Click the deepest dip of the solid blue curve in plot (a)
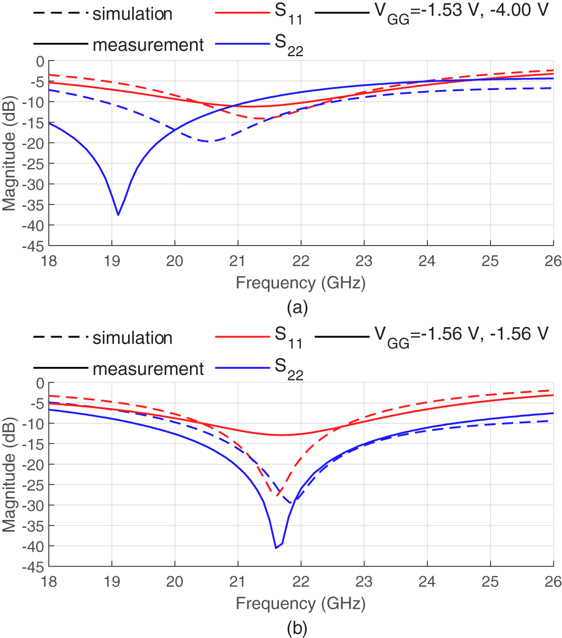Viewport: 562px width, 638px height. tap(118, 215)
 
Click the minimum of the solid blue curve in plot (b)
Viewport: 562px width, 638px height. tap(276, 547)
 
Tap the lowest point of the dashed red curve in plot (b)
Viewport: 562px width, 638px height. tap(279, 494)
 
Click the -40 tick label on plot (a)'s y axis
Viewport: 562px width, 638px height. tap(35, 225)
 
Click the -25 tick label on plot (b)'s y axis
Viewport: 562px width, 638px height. tap(35, 485)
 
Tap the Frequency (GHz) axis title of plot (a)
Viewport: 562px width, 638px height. tap(301, 283)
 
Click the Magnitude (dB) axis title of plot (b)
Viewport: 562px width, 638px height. tap(9, 474)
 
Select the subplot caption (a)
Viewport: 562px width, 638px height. tap(297, 308)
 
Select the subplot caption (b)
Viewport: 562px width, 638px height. tap(297, 627)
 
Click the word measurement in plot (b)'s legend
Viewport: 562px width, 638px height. tap(148, 369)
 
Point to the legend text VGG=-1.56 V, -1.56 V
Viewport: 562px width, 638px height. tap(461, 335)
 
